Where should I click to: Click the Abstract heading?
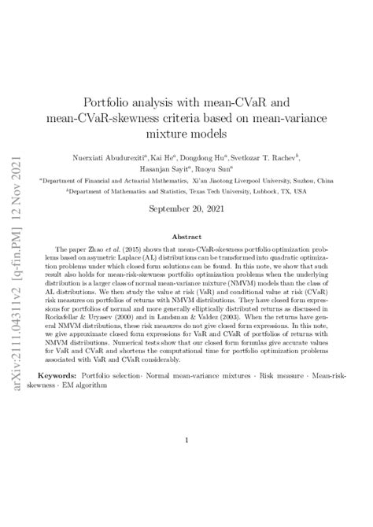click(x=186, y=236)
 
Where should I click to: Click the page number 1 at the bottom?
click(x=186, y=441)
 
